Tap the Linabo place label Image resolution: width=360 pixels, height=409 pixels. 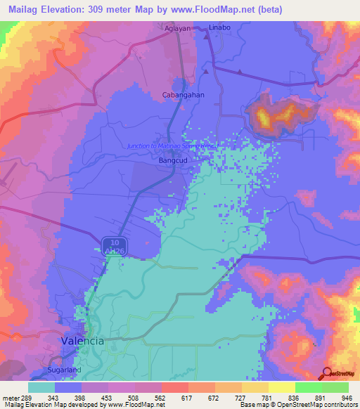point(220,27)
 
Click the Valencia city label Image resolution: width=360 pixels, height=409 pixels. point(80,340)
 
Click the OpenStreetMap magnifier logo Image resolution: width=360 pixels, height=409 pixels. point(327,374)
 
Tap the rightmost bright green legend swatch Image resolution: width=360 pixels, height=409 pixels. point(335,387)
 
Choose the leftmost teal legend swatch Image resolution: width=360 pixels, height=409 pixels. point(41,387)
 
